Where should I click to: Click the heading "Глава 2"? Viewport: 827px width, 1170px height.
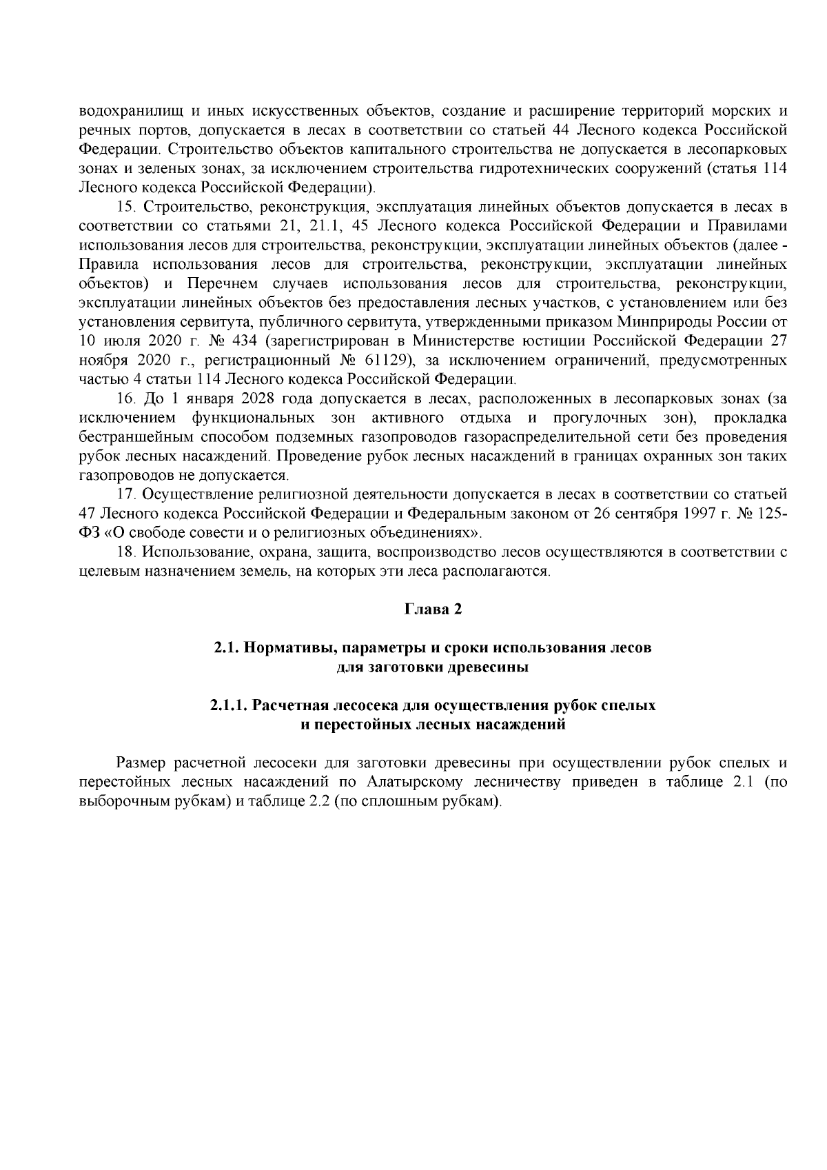tap(431, 609)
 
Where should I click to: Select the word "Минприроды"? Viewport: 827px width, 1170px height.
tap(658, 321)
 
